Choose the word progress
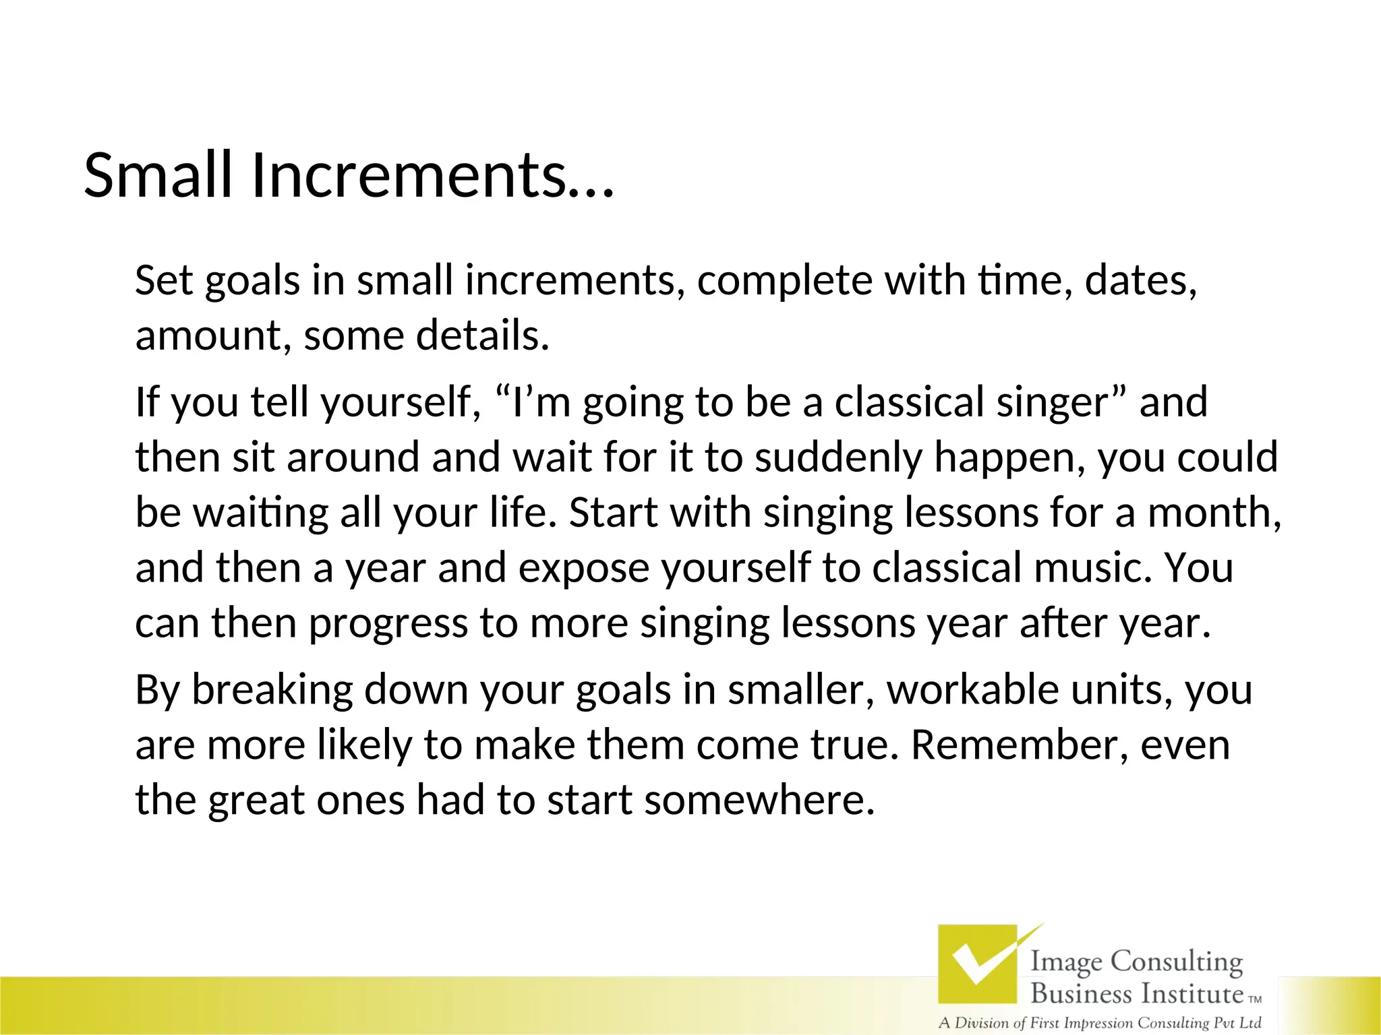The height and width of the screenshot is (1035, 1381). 388,623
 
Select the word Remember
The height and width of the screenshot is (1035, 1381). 1019,745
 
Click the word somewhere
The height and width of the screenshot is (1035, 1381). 759,801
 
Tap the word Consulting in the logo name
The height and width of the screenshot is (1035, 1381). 1176,962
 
